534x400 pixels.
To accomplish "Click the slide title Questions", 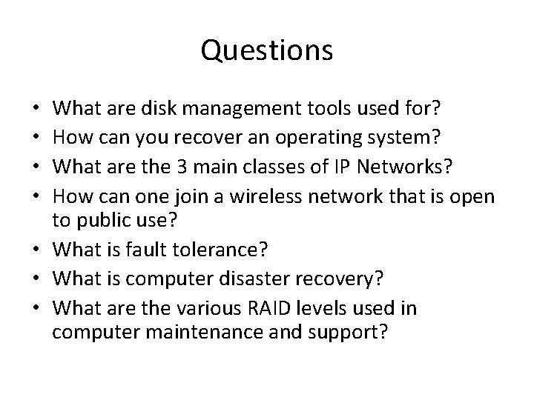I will (266, 51).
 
